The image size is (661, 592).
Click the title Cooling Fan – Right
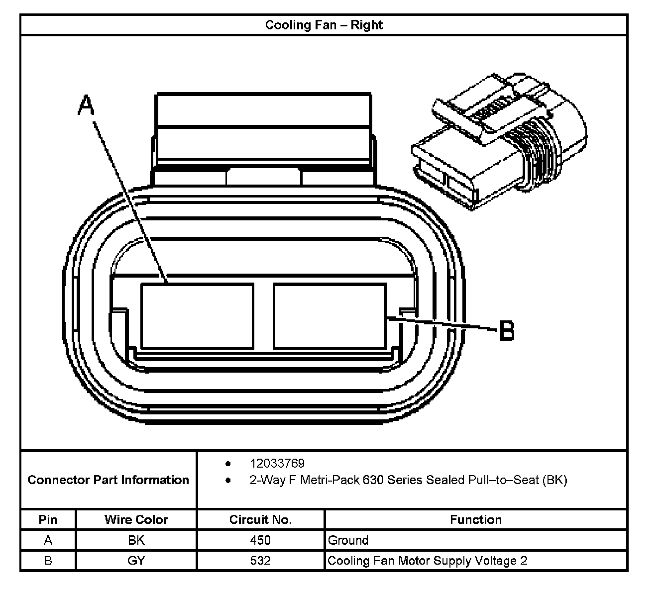(x=324, y=25)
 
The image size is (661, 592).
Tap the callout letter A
(x=86, y=105)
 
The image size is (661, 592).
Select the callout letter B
(x=506, y=330)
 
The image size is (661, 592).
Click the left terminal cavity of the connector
(x=197, y=316)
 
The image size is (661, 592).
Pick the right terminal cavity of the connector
(x=330, y=316)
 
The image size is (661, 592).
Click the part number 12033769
(x=277, y=463)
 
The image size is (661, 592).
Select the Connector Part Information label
(x=109, y=480)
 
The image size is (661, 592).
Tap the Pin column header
(x=48, y=520)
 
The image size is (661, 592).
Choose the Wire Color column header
(x=136, y=520)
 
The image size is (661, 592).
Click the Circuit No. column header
(x=260, y=520)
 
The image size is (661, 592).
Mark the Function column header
(x=475, y=520)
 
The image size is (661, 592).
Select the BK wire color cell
(x=136, y=540)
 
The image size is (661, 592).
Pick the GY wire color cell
(x=136, y=561)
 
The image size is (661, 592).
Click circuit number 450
(x=260, y=540)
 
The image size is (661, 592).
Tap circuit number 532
(x=260, y=561)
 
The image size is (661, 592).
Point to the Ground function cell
(x=348, y=540)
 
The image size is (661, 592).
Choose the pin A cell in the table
(x=48, y=540)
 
